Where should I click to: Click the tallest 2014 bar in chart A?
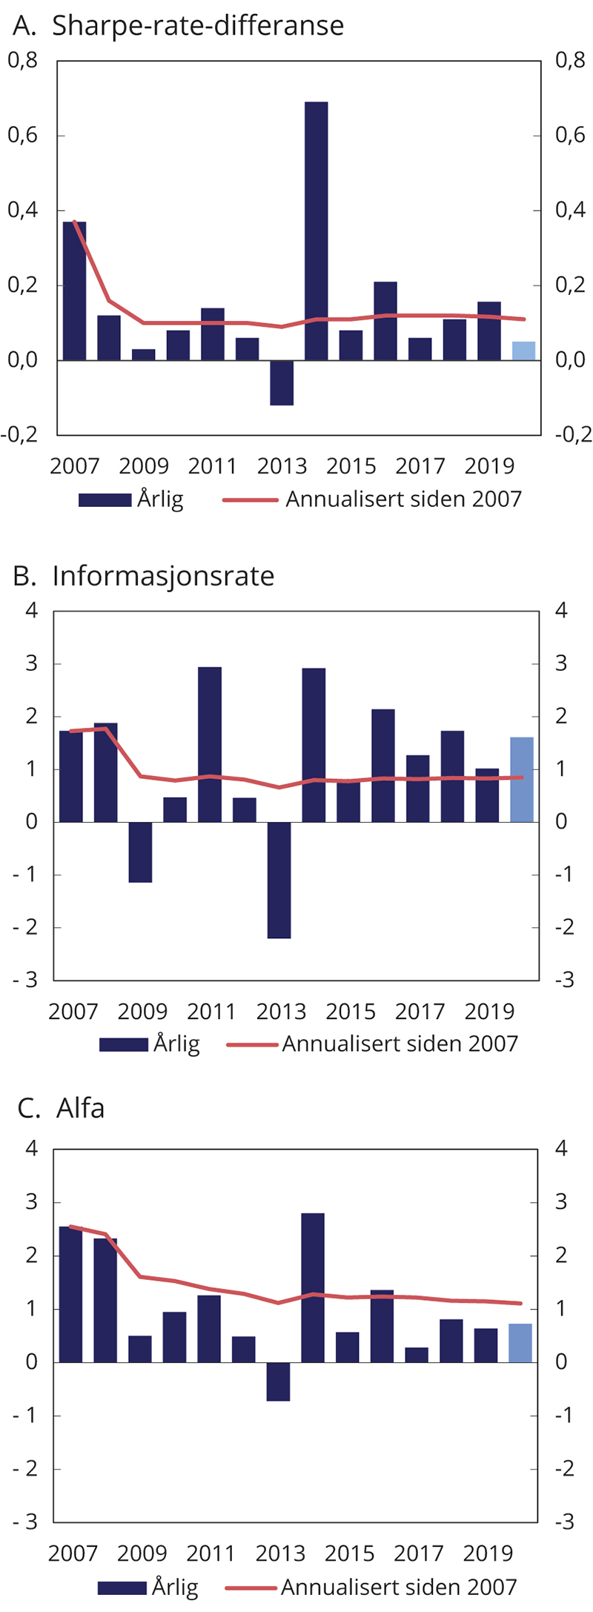coord(316,230)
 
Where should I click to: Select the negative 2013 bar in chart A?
coord(282,382)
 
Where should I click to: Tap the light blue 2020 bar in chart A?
coord(523,351)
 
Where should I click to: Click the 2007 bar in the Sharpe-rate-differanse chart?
coord(74,291)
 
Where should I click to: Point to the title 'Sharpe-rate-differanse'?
coord(198,26)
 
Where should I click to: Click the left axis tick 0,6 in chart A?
coord(22,136)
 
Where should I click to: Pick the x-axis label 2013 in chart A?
coord(282,466)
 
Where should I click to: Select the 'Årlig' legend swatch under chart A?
coord(105,500)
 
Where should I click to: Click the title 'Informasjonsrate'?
coord(163,577)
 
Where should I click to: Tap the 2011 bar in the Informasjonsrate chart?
coord(210,744)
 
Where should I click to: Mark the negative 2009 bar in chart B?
coord(140,852)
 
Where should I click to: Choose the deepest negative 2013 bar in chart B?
coord(279,880)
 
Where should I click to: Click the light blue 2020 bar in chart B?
coord(522,779)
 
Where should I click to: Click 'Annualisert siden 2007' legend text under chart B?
coord(400,1044)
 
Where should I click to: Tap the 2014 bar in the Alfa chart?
coord(313,1287)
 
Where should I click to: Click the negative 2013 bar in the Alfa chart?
coord(278,1381)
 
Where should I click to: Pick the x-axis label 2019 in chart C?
coord(488,1553)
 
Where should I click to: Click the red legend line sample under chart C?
coord(251,1588)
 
